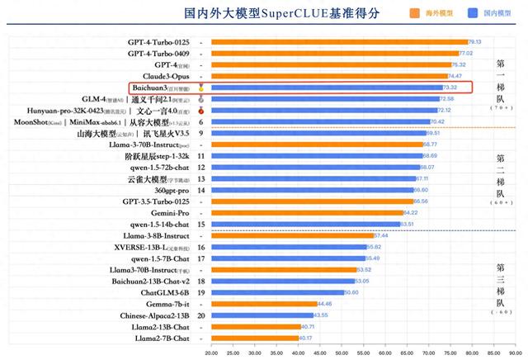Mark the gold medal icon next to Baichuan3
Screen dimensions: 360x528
tap(201, 87)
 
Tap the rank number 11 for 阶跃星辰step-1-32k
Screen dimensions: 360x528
tap(201, 155)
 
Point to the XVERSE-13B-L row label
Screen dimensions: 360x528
tap(157, 247)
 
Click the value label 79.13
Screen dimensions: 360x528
tap(474, 41)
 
